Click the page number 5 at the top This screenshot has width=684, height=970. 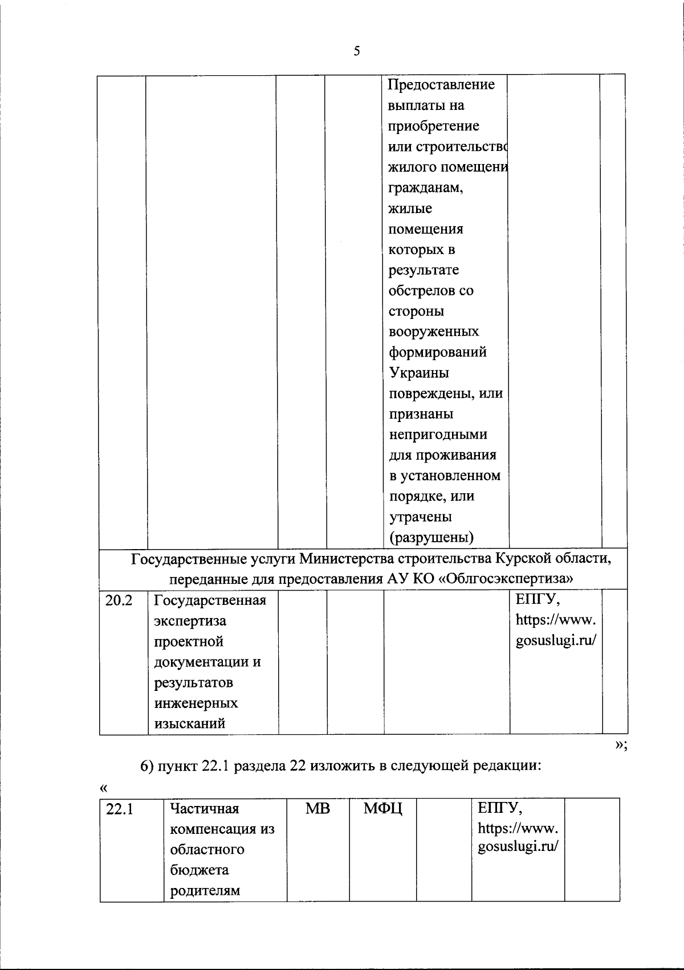(x=357, y=52)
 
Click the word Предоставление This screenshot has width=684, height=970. (x=441, y=85)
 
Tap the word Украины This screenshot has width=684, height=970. (x=418, y=373)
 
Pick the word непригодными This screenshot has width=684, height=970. (x=438, y=435)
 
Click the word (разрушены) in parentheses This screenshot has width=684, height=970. (x=431, y=537)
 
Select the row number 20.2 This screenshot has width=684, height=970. (x=119, y=600)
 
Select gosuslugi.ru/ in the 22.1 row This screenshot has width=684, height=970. (x=518, y=846)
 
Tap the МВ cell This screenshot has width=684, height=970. (x=317, y=808)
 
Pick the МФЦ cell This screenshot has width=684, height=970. (x=382, y=808)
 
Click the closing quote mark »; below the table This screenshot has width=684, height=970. (x=621, y=747)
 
